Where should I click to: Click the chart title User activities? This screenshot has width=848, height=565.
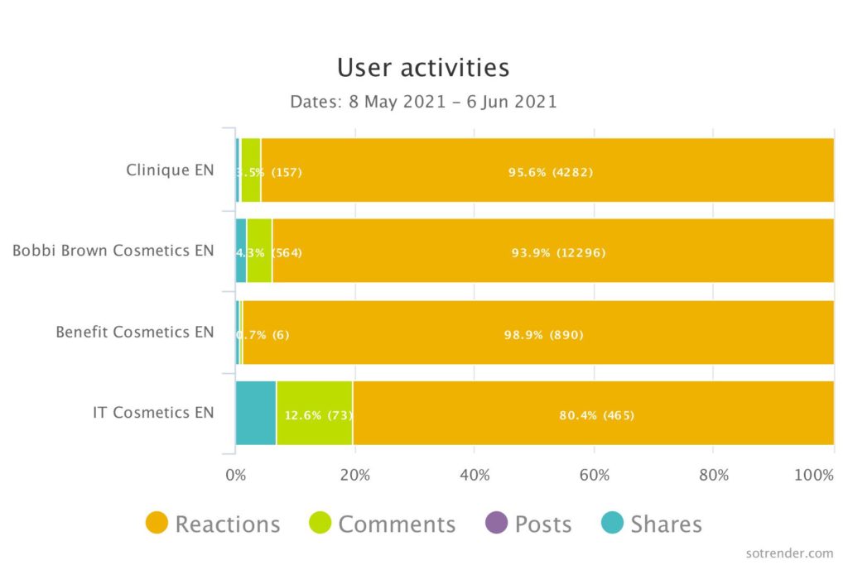click(423, 67)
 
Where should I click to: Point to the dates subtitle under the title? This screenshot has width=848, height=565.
click(423, 102)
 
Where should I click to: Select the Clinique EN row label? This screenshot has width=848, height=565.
click(170, 170)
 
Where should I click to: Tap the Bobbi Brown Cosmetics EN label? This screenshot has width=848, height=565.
click(113, 251)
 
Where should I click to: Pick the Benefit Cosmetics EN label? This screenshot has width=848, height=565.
click(135, 332)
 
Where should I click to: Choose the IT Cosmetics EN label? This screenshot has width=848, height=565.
click(153, 412)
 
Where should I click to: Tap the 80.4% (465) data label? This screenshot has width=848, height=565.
click(596, 415)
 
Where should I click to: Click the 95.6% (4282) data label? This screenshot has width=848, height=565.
click(551, 172)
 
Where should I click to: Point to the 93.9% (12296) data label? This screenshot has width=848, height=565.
click(558, 253)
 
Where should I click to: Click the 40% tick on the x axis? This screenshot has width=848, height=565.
click(474, 475)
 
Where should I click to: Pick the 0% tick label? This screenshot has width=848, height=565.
click(236, 475)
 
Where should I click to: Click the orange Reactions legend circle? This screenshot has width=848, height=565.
click(157, 523)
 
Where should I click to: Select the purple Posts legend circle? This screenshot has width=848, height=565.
click(495, 523)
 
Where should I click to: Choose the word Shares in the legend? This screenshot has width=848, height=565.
click(666, 524)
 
